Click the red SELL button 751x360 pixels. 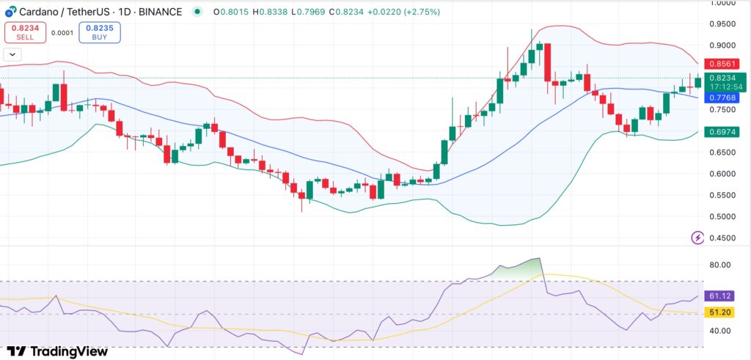point(24,32)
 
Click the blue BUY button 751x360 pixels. point(100,32)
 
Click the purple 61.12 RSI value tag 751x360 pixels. point(719,296)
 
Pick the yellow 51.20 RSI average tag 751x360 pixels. point(719,312)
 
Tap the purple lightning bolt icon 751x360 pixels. point(697,238)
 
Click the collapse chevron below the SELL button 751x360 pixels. point(12,54)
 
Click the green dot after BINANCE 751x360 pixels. point(197,12)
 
